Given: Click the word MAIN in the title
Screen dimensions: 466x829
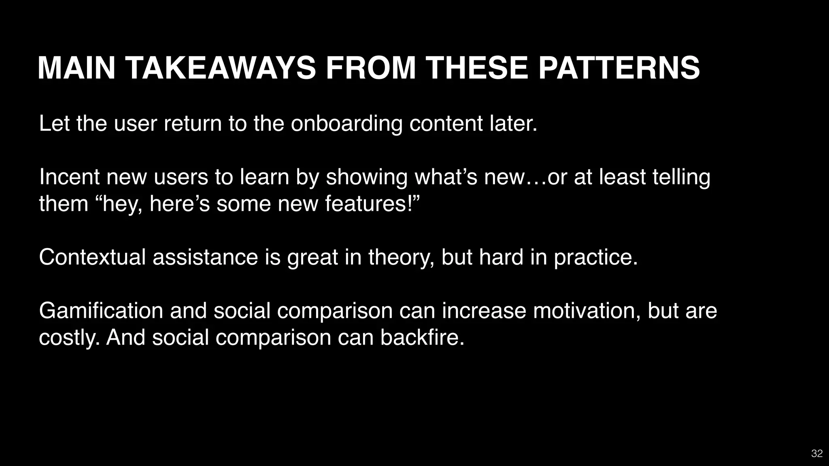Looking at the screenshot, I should point(77,68).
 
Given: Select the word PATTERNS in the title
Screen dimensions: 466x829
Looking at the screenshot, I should point(619,68).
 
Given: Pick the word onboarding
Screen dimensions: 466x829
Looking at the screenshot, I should point(346,123).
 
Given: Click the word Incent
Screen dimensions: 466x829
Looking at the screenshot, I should point(69,177).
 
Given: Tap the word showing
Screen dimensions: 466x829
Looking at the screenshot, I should point(366,177).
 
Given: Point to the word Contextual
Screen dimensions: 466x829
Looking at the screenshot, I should point(92,257).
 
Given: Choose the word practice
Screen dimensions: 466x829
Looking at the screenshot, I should point(595,257).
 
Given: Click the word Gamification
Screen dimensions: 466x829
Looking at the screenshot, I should point(101,311).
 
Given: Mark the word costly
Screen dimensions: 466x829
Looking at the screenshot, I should point(69,337).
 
